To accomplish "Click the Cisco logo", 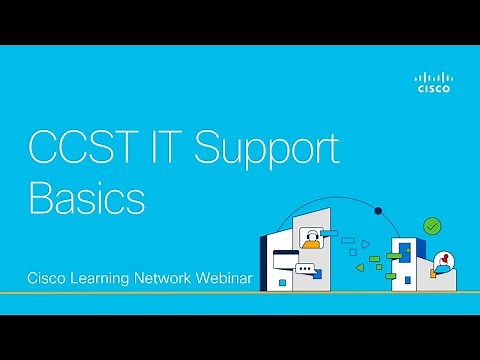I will coord(433,82).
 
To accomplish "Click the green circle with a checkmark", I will coord(432,227).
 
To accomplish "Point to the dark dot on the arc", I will coord(378,211).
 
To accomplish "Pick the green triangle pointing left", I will coord(357,267).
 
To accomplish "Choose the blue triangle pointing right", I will coord(366,243).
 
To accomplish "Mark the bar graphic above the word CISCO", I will coord(433,76).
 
